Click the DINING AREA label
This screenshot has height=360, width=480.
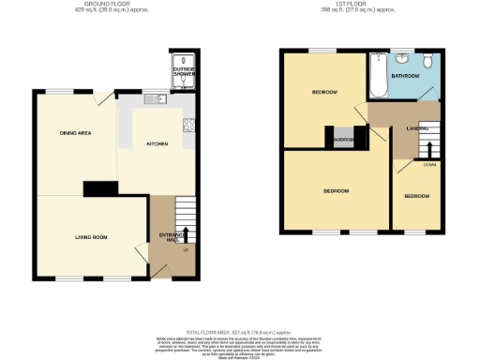76,134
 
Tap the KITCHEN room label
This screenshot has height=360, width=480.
157,144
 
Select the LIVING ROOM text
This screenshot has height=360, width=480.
91,237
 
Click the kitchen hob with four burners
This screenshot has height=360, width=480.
189,125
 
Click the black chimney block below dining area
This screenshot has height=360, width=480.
97,189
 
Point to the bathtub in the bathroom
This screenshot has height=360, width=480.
378,77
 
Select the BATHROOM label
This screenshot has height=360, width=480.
405,75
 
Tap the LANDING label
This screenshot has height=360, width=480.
417,127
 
